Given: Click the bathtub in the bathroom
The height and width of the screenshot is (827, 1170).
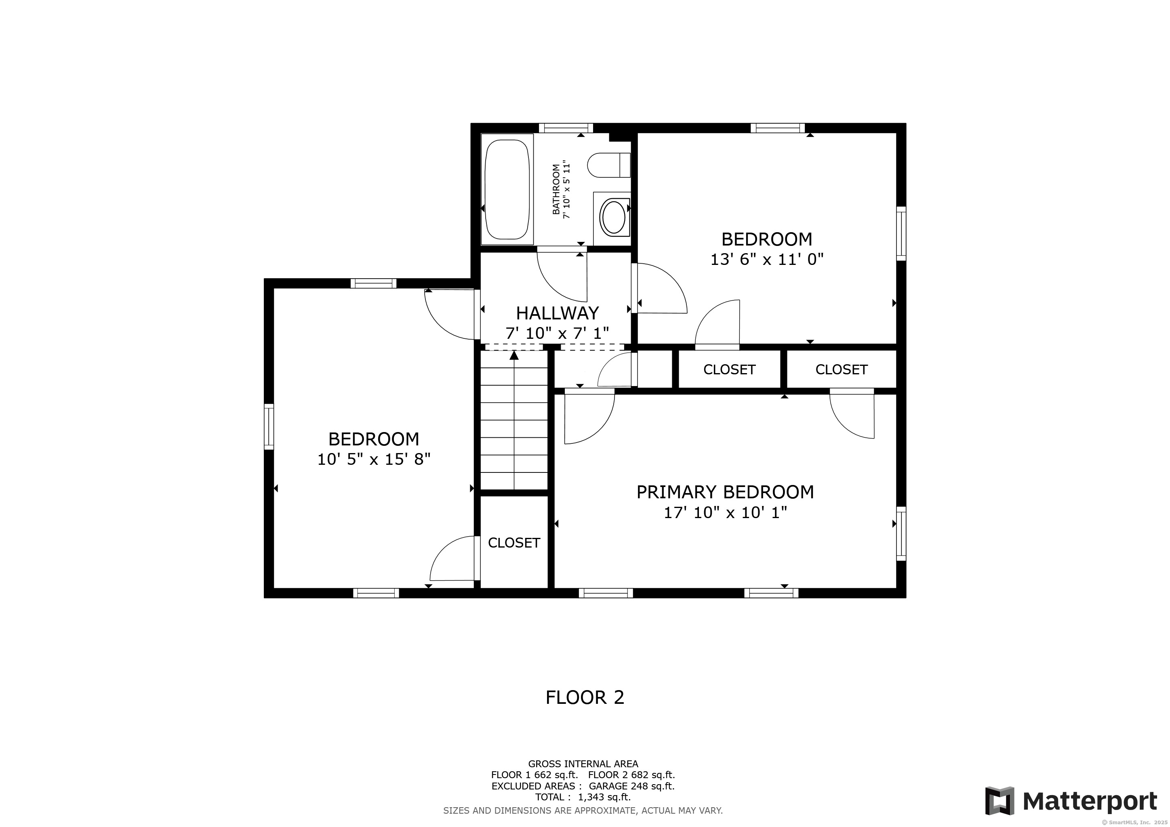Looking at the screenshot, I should click(x=507, y=189).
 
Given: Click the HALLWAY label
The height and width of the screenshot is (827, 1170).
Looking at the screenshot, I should click(x=557, y=313).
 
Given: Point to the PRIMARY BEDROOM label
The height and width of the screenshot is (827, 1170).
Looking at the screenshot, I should click(x=725, y=492).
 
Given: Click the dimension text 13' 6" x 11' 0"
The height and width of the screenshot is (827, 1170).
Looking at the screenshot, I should click(x=766, y=260).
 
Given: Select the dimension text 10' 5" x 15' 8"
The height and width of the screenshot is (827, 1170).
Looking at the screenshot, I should click(x=374, y=459).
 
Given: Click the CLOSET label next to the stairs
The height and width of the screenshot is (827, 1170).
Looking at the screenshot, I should click(x=513, y=543).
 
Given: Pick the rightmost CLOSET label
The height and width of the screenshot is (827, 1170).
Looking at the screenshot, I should click(x=841, y=370).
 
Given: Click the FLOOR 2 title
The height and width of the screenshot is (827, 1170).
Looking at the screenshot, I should click(x=585, y=697).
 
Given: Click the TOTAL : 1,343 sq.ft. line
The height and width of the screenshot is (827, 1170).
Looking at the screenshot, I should click(x=583, y=797).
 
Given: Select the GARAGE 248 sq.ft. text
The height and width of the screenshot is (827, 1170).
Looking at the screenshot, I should click(x=631, y=786).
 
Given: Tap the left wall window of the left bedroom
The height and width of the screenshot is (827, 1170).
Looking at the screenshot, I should click(x=269, y=427).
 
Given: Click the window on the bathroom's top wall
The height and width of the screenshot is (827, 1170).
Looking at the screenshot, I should click(x=566, y=128).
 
